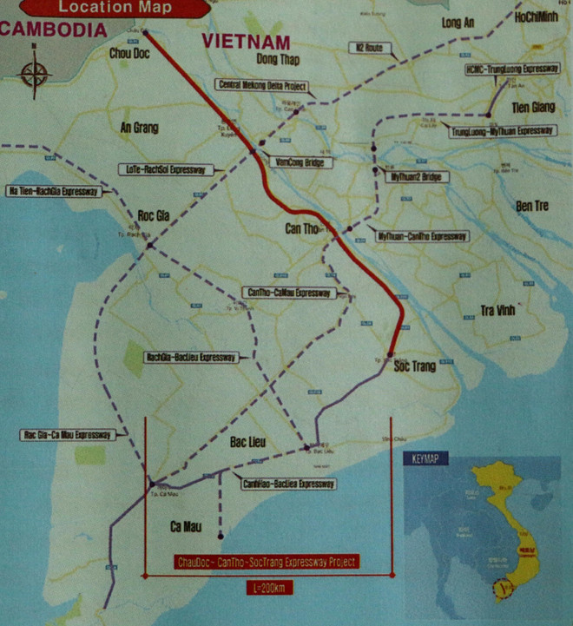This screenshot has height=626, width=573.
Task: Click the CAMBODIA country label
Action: (x=53, y=29)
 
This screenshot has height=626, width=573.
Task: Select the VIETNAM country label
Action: (x=246, y=42)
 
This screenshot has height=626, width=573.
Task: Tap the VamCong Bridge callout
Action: (x=300, y=161)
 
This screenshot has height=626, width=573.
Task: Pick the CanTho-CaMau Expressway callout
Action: (x=289, y=293)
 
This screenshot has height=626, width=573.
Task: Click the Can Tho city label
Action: (x=303, y=228)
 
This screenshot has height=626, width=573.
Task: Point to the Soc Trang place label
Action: (x=415, y=367)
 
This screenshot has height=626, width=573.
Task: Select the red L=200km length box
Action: (x=267, y=588)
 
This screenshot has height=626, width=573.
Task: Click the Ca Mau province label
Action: (x=187, y=525)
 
